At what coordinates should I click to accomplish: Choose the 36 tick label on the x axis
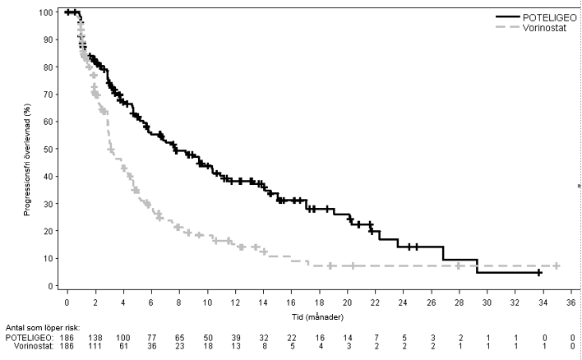(x=571, y=302)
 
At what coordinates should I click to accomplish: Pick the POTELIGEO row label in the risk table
(x=27, y=338)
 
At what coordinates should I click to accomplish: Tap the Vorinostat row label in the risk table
(x=28, y=348)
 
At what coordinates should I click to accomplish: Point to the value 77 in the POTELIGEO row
(x=150, y=338)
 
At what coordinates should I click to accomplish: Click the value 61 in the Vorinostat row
(x=123, y=348)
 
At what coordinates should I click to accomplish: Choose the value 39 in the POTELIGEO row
(x=235, y=338)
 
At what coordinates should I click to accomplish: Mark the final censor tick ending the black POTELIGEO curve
(x=539, y=272)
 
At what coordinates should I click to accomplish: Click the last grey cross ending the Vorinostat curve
(x=557, y=265)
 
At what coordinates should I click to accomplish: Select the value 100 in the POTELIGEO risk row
(x=122, y=338)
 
